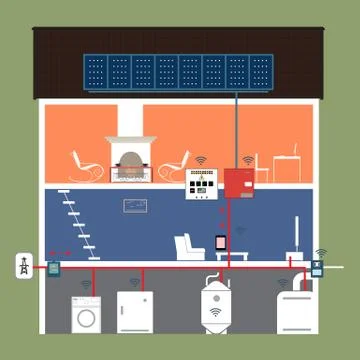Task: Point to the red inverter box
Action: tap(240, 184)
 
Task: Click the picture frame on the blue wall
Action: tap(135, 206)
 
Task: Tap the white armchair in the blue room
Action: tap(187, 246)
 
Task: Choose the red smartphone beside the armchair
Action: tap(220, 243)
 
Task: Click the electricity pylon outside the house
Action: tap(19, 267)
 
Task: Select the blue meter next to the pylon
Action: tap(53, 269)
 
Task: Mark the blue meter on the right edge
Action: tap(318, 268)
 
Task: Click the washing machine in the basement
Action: tap(85, 313)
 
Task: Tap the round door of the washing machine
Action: tap(85, 317)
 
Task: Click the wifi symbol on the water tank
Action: tap(214, 312)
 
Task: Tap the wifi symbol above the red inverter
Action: tap(247, 160)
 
